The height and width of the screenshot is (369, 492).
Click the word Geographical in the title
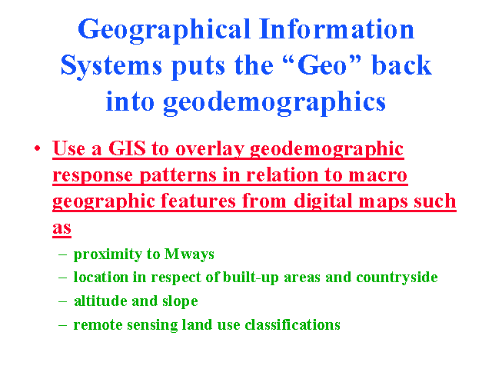pos(164,31)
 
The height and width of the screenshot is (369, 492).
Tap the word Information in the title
pos(337,29)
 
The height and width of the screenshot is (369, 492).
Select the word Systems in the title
pos(111,67)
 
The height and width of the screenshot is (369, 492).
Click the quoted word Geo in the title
pos(322,65)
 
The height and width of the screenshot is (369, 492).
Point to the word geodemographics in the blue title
pos(246,103)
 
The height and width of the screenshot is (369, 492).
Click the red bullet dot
pos(38,148)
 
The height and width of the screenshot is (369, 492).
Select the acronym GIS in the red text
pos(127,148)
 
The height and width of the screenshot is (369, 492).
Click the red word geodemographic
pos(327,150)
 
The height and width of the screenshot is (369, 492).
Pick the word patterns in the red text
pos(178,176)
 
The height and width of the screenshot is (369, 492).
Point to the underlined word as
pos(61,228)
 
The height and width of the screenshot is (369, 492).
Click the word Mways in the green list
pos(189,254)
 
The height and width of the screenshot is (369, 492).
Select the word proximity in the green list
pos(108,254)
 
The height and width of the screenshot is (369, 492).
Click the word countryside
pos(397,278)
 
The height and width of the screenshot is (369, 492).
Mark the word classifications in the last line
pos(292,324)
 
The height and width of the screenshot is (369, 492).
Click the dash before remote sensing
pos(62,325)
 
